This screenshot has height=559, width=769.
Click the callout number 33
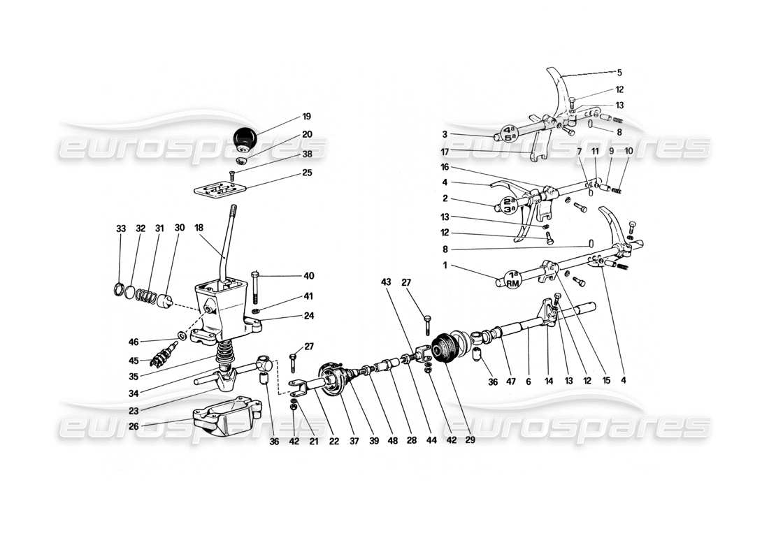point(121,228)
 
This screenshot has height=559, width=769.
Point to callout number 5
point(618,72)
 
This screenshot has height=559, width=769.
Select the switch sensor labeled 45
point(161,357)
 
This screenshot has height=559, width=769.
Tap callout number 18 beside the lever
point(200,228)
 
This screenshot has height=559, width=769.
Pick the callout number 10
point(628,170)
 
